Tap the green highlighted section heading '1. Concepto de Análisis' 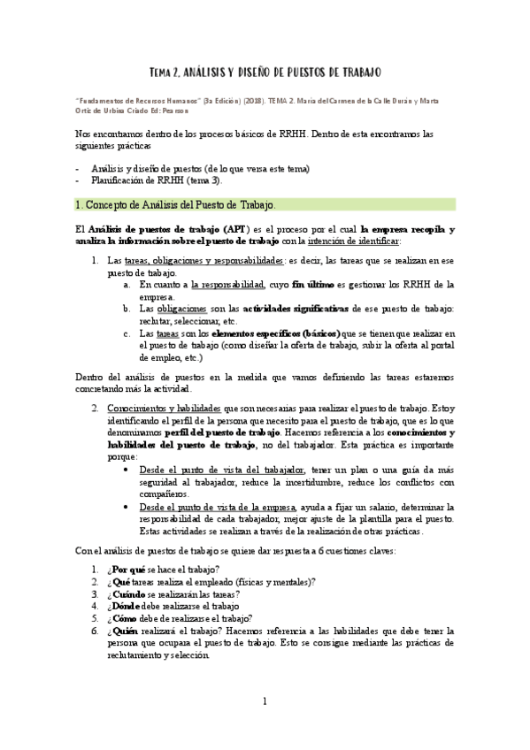coord(178,204)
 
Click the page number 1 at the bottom coord(264,701)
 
